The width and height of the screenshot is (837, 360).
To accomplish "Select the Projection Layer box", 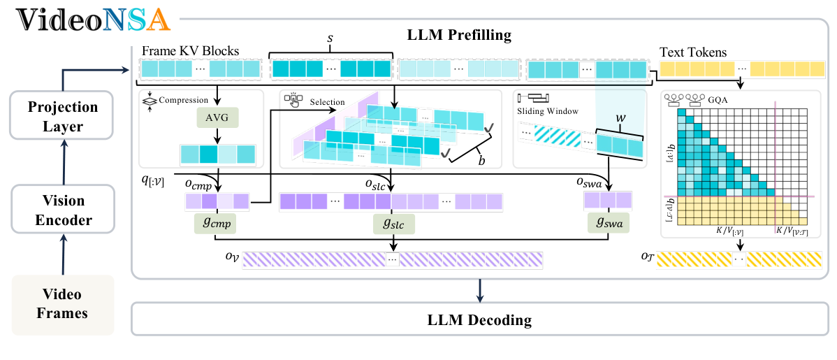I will tap(64, 115).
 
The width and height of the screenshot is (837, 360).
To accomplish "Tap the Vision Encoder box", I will tap(64, 210).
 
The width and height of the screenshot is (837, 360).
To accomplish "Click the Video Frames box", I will tap(64, 304).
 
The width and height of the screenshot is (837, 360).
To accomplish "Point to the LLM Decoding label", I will tap(479, 320).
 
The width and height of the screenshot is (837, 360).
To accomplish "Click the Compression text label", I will tap(184, 100).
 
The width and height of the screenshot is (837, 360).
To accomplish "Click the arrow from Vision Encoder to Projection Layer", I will tap(64, 162).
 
